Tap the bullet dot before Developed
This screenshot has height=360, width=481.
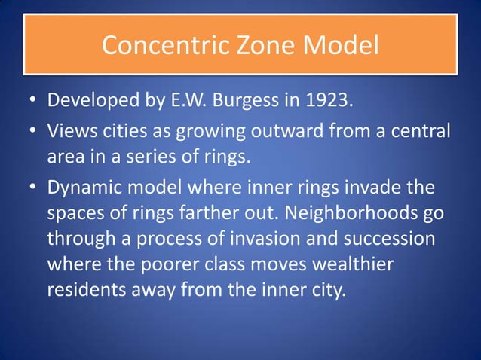pyautogui.click(x=30, y=100)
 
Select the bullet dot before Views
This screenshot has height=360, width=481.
pyautogui.click(x=30, y=133)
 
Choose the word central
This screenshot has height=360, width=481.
pyautogui.click(x=423, y=132)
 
